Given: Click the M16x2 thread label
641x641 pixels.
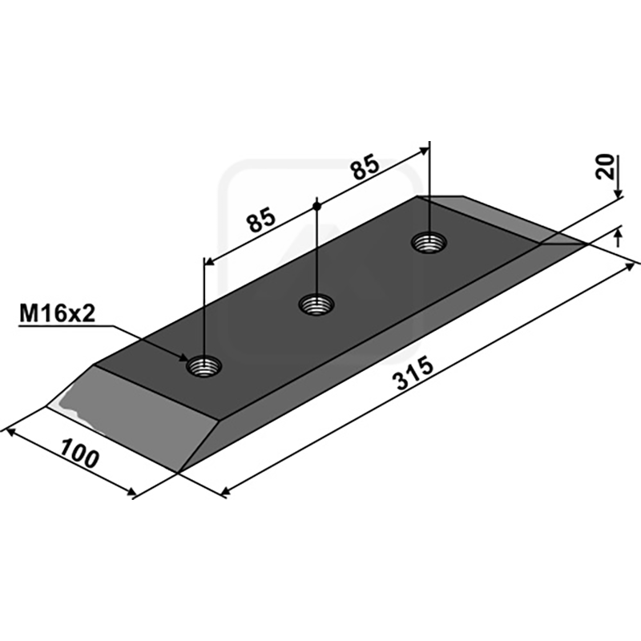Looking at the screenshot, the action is point(57,314).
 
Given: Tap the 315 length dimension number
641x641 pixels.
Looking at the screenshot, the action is point(413,373).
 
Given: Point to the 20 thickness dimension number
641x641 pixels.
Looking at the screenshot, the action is point(606,167).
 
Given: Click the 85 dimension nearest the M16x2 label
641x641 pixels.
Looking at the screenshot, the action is point(261,220).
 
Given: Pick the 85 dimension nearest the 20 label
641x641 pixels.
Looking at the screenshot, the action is point(366,167).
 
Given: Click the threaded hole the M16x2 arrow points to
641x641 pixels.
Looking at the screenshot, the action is point(204,366).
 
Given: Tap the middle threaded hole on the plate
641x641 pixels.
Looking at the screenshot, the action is point(316,304).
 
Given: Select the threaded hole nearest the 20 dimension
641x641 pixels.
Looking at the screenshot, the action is point(429,243).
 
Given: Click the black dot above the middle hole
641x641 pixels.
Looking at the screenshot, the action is point(316,206).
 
